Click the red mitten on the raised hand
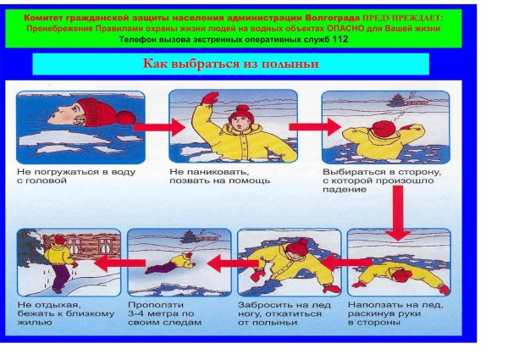coord(209,98)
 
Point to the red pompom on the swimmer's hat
coord(126,117)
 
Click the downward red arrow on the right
coord(398,213)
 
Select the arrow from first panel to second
coord(159,127)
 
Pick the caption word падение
coord(345,190)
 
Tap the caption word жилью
coord(35,323)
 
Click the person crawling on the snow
coord(171,263)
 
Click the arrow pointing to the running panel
coord(120,263)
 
